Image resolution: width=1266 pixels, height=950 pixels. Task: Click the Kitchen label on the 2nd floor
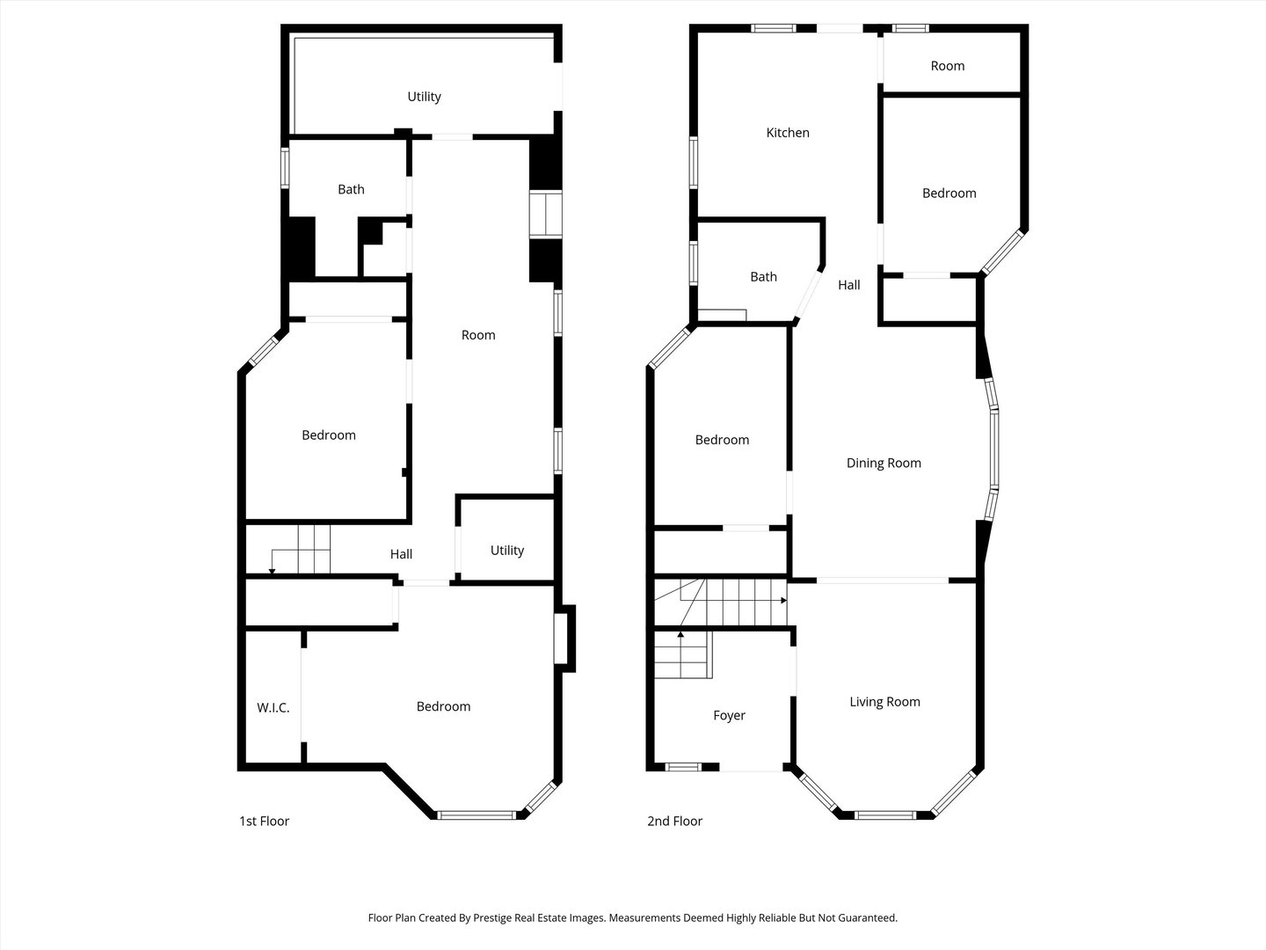tap(788, 133)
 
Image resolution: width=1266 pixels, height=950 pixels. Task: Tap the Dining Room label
tap(884, 464)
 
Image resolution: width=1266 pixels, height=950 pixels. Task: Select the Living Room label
tap(884, 702)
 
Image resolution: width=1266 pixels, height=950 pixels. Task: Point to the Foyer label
tap(729, 716)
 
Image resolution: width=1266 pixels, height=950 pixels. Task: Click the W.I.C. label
tap(273, 708)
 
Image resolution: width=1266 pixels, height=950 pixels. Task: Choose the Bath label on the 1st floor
tap(351, 189)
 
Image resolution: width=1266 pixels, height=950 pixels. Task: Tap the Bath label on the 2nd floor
tap(763, 277)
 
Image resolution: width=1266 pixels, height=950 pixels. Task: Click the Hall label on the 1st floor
tap(401, 554)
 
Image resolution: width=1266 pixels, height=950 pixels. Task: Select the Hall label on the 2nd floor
tap(848, 285)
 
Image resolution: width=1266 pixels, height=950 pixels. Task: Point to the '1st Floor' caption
tap(264, 822)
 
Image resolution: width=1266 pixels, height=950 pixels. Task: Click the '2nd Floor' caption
tap(674, 822)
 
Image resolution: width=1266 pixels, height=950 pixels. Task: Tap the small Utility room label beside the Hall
tap(506, 551)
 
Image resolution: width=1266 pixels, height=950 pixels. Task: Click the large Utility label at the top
tap(424, 97)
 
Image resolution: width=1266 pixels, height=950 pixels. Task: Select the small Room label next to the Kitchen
tap(947, 66)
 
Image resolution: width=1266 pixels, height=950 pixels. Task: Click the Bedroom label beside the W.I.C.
tap(443, 706)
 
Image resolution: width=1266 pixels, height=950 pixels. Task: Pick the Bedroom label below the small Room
tap(949, 194)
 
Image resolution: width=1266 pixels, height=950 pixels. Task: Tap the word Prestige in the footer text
tap(498, 918)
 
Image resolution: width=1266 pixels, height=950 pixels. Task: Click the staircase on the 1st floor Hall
tap(302, 550)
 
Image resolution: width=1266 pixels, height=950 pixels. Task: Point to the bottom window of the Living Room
tap(886, 815)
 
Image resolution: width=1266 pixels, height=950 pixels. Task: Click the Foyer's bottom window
tap(682, 767)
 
